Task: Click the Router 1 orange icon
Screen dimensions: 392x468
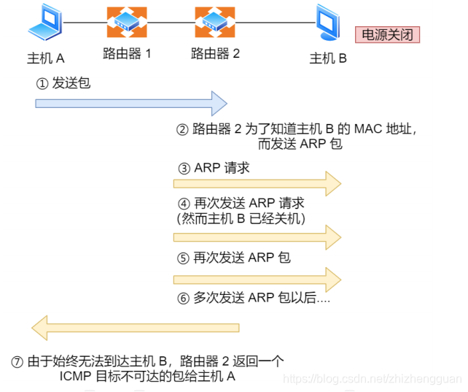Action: click(127, 23)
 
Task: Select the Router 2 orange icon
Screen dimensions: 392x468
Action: click(215, 23)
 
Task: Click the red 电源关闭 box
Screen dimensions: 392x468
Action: click(387, 34)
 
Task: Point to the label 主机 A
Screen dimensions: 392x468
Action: click(46, 58)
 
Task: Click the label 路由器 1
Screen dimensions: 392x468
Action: click(127, 53)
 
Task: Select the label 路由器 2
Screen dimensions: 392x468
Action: click(215, 53)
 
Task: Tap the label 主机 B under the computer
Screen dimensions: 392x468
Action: click(328, 58)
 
